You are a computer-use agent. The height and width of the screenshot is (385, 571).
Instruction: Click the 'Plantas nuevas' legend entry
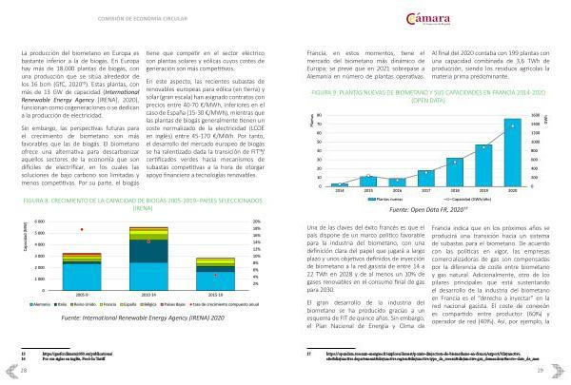point(401,199)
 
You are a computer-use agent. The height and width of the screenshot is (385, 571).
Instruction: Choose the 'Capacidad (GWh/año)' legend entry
point(450,199)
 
